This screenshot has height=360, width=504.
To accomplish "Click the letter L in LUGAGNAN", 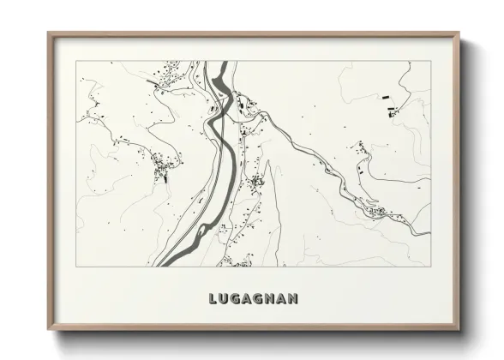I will click(x=213, y=299).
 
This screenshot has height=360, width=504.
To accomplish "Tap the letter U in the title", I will click(x=225, y=299).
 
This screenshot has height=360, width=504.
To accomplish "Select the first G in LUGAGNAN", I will click(x=237, y=299).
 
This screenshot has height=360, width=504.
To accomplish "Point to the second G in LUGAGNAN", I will click(x=261, y=299).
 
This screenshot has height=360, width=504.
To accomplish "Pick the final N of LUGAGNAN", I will click(x=293, y=299).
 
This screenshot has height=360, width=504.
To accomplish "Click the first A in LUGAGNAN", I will click(x=249, y=299).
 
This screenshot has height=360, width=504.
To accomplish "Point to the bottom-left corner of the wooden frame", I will click(x=49, y=330).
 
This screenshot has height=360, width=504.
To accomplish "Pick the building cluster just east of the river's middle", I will click(x=255, y=182).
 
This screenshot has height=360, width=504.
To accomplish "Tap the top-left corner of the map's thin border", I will click(x=76, y=62).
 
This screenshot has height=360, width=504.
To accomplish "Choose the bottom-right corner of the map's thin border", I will click(x=431, y=267).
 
